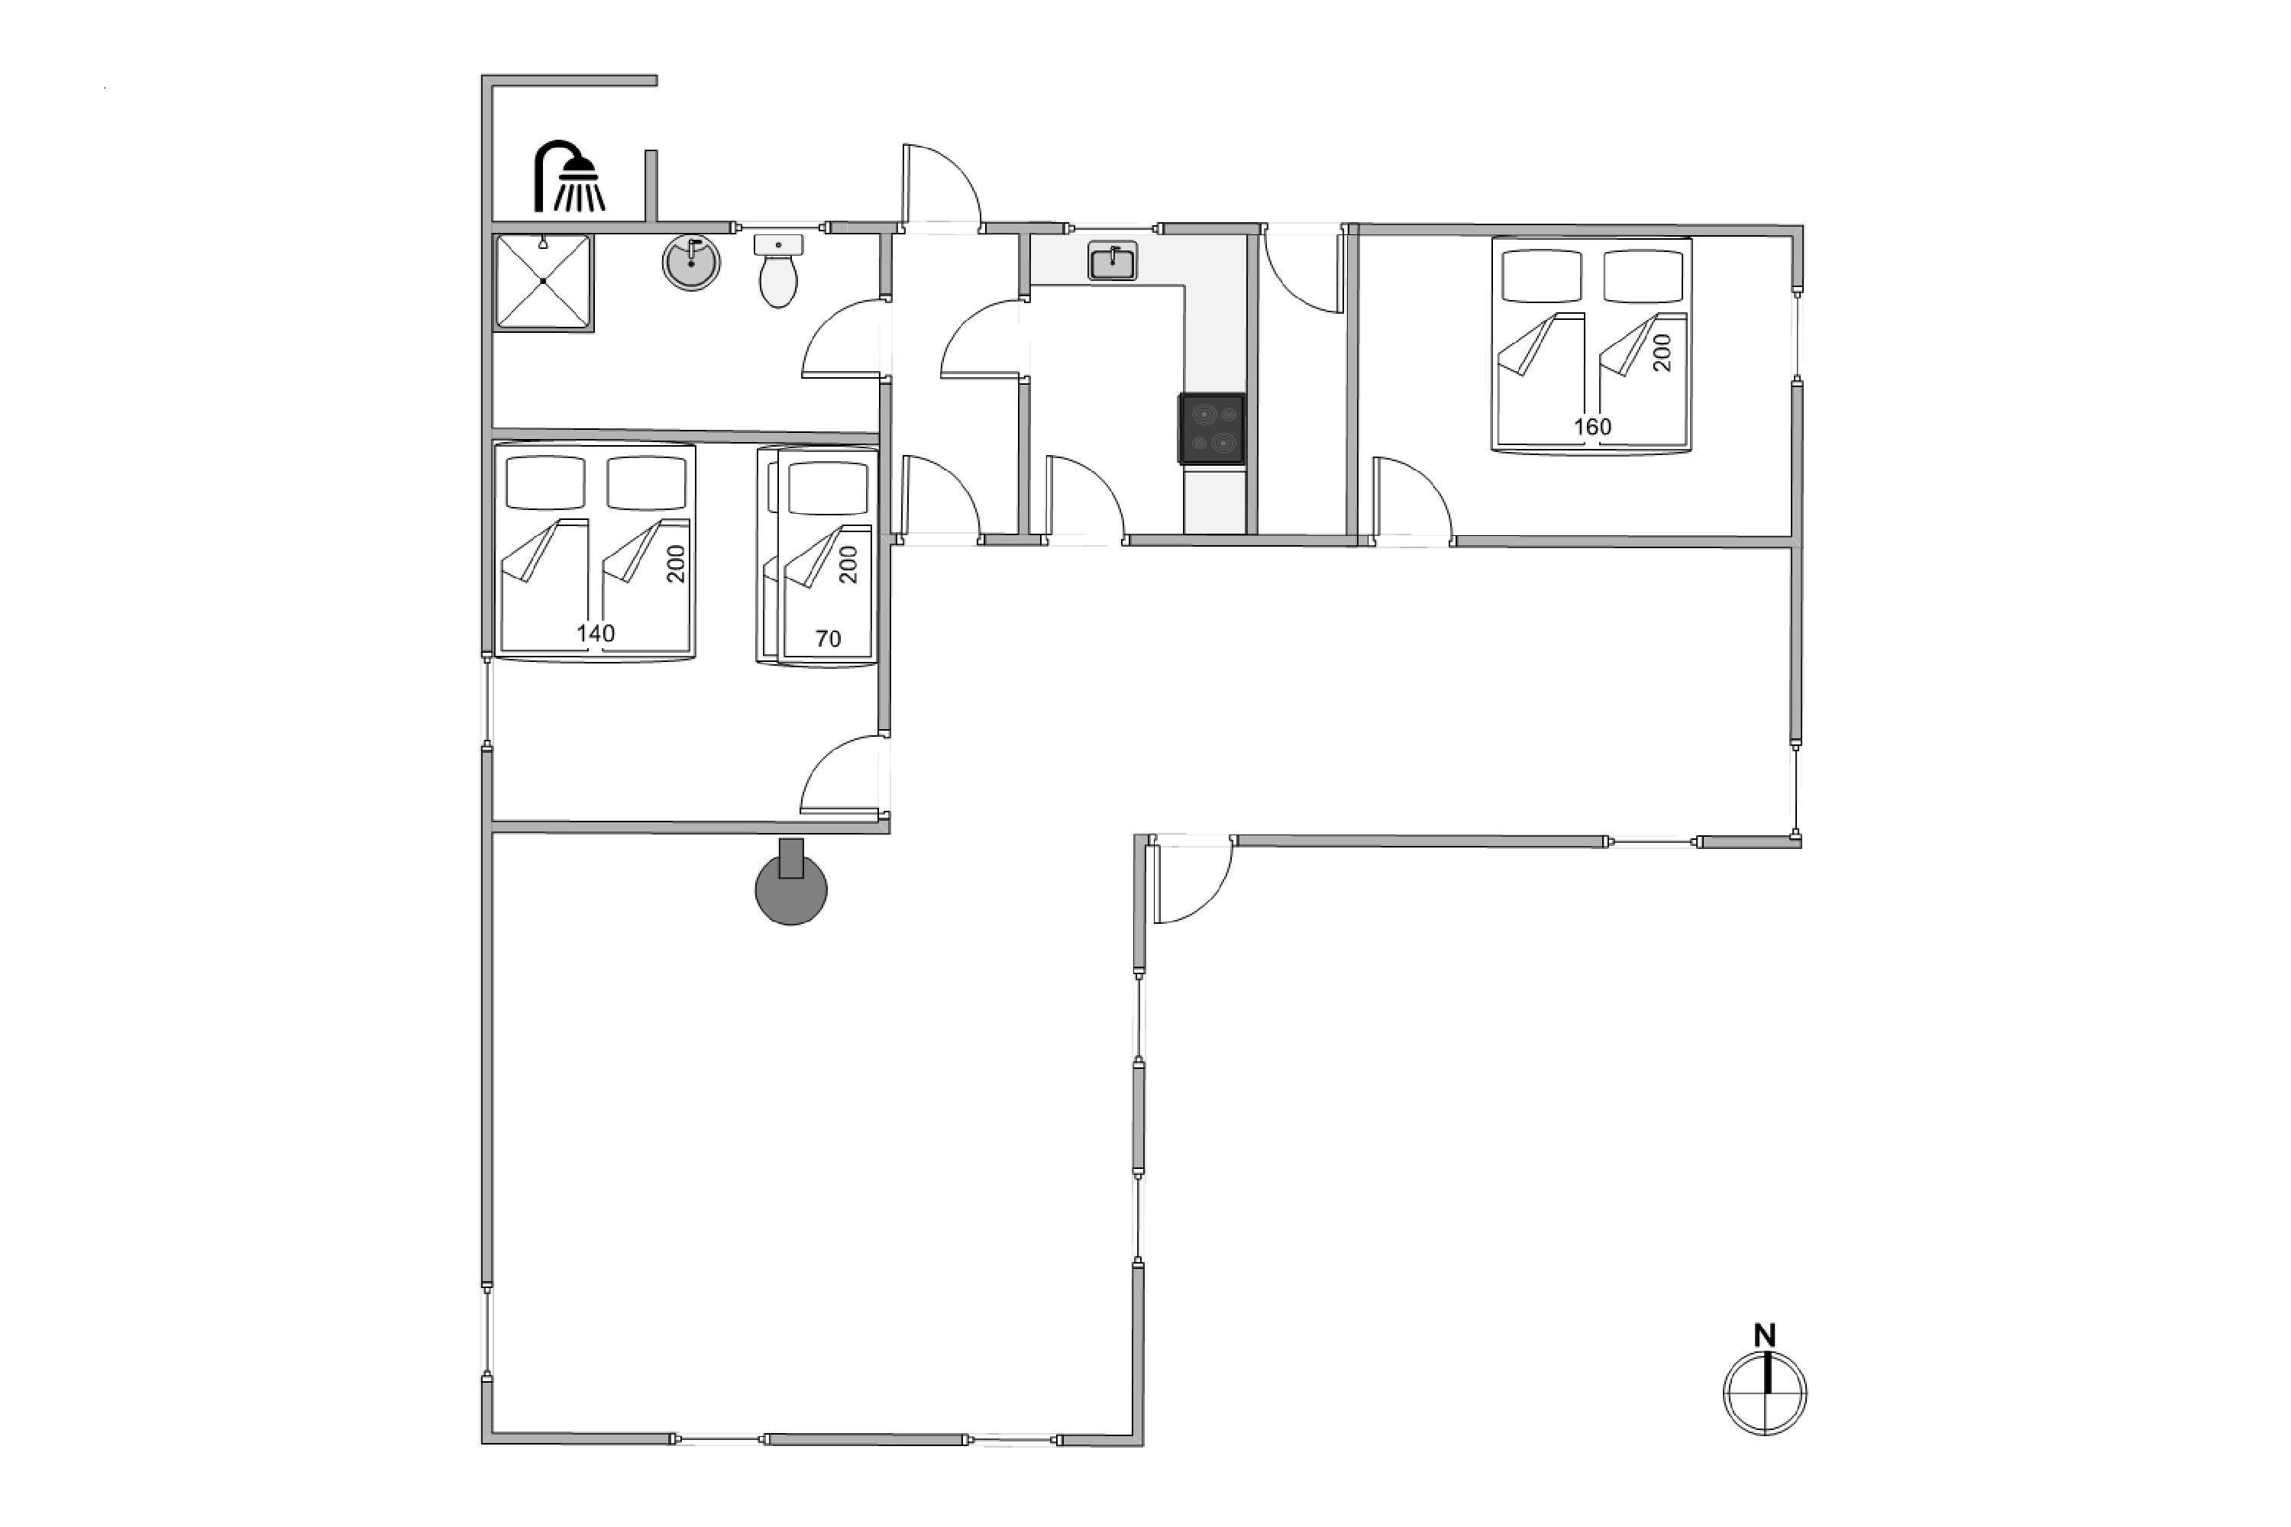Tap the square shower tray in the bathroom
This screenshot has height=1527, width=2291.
tap(542, 282)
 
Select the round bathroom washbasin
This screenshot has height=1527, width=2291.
tap(692, 262)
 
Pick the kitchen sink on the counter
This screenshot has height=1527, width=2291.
tap(1113, 261)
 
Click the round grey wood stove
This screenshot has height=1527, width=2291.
tap(791, 883)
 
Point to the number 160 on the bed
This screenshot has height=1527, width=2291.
tap(1592, 427)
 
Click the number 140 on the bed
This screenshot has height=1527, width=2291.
tap(595, 633)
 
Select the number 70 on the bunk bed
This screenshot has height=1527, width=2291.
tap(828, 639)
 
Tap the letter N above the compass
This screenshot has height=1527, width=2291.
tap(1765, 1335)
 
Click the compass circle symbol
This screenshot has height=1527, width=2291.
tap(1765, 1393)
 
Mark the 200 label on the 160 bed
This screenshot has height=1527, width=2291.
tap(1662, 353)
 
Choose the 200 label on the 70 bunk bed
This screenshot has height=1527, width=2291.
tap(848, 565)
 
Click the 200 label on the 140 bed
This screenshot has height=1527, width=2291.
tap(676, 564)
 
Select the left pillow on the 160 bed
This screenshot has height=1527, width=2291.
tap(1541, 276)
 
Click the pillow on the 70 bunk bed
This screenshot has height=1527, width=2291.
tap(828, 488)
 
